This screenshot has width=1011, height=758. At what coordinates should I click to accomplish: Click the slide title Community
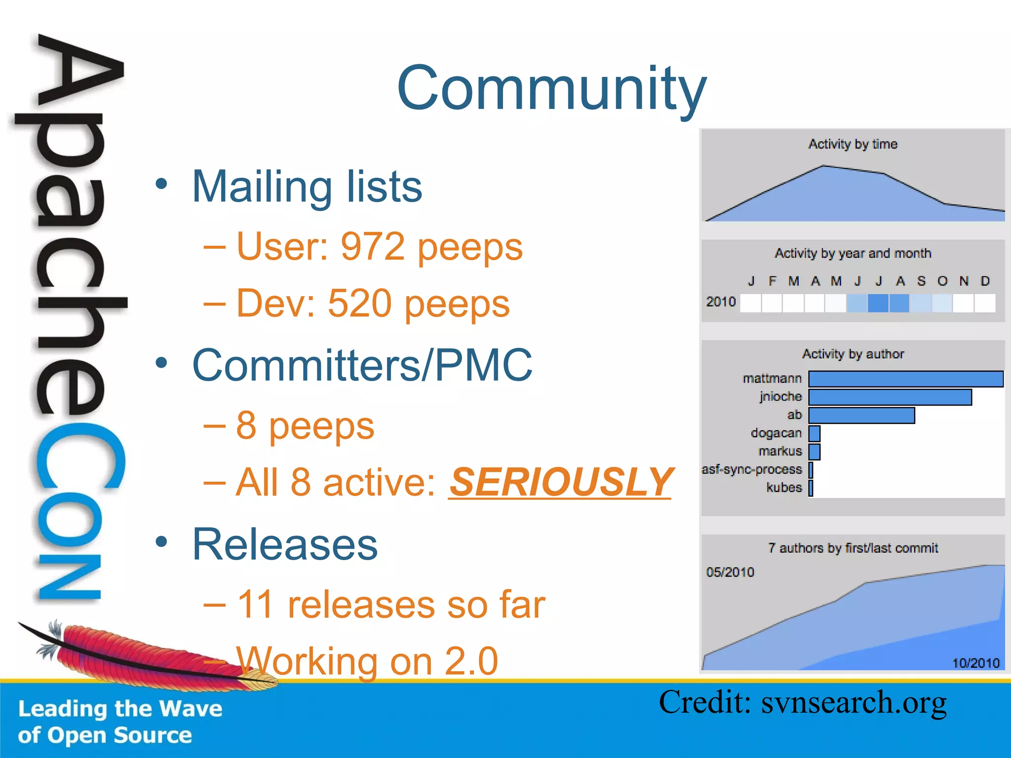click(x=551, y=89)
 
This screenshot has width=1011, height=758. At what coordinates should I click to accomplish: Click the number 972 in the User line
click(x=373, y=246)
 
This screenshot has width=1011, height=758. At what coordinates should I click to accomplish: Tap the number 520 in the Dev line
click(x=360, y=303)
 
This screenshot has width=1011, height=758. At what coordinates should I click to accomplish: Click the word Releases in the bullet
click(x=285, y=544)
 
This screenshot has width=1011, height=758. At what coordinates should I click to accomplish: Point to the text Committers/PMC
click(x=362, y=365)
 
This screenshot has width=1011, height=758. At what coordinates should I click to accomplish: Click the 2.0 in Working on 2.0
click(x=471, y=661)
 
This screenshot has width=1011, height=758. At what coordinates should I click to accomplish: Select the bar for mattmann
click(x=905, y=379)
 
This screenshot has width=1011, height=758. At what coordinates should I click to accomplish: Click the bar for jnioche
click(x=890, y=397)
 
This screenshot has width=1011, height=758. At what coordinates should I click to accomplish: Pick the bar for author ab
click(x=861, y=416)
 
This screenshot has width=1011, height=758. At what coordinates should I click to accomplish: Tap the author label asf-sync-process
click(x=752, y=469)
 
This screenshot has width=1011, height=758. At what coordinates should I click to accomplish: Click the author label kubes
click(x=784, y=488)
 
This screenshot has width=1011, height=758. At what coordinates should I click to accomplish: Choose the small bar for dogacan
click(x=815, y=434)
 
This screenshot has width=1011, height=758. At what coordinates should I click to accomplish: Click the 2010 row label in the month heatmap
click(x=721, y=302)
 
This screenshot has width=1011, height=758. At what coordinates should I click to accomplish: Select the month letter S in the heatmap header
click(x=921, y=281)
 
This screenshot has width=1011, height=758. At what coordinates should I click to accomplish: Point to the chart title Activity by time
click(x=853, y=144)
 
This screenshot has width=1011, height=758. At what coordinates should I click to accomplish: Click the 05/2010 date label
click(x=730, y=572)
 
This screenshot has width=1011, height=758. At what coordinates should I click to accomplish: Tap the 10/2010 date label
click(x=975, y=663)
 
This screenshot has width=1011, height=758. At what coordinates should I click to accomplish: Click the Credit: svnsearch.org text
click(x=803, y=703)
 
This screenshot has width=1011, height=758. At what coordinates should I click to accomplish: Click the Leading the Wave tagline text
click(x=120, y=709)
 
